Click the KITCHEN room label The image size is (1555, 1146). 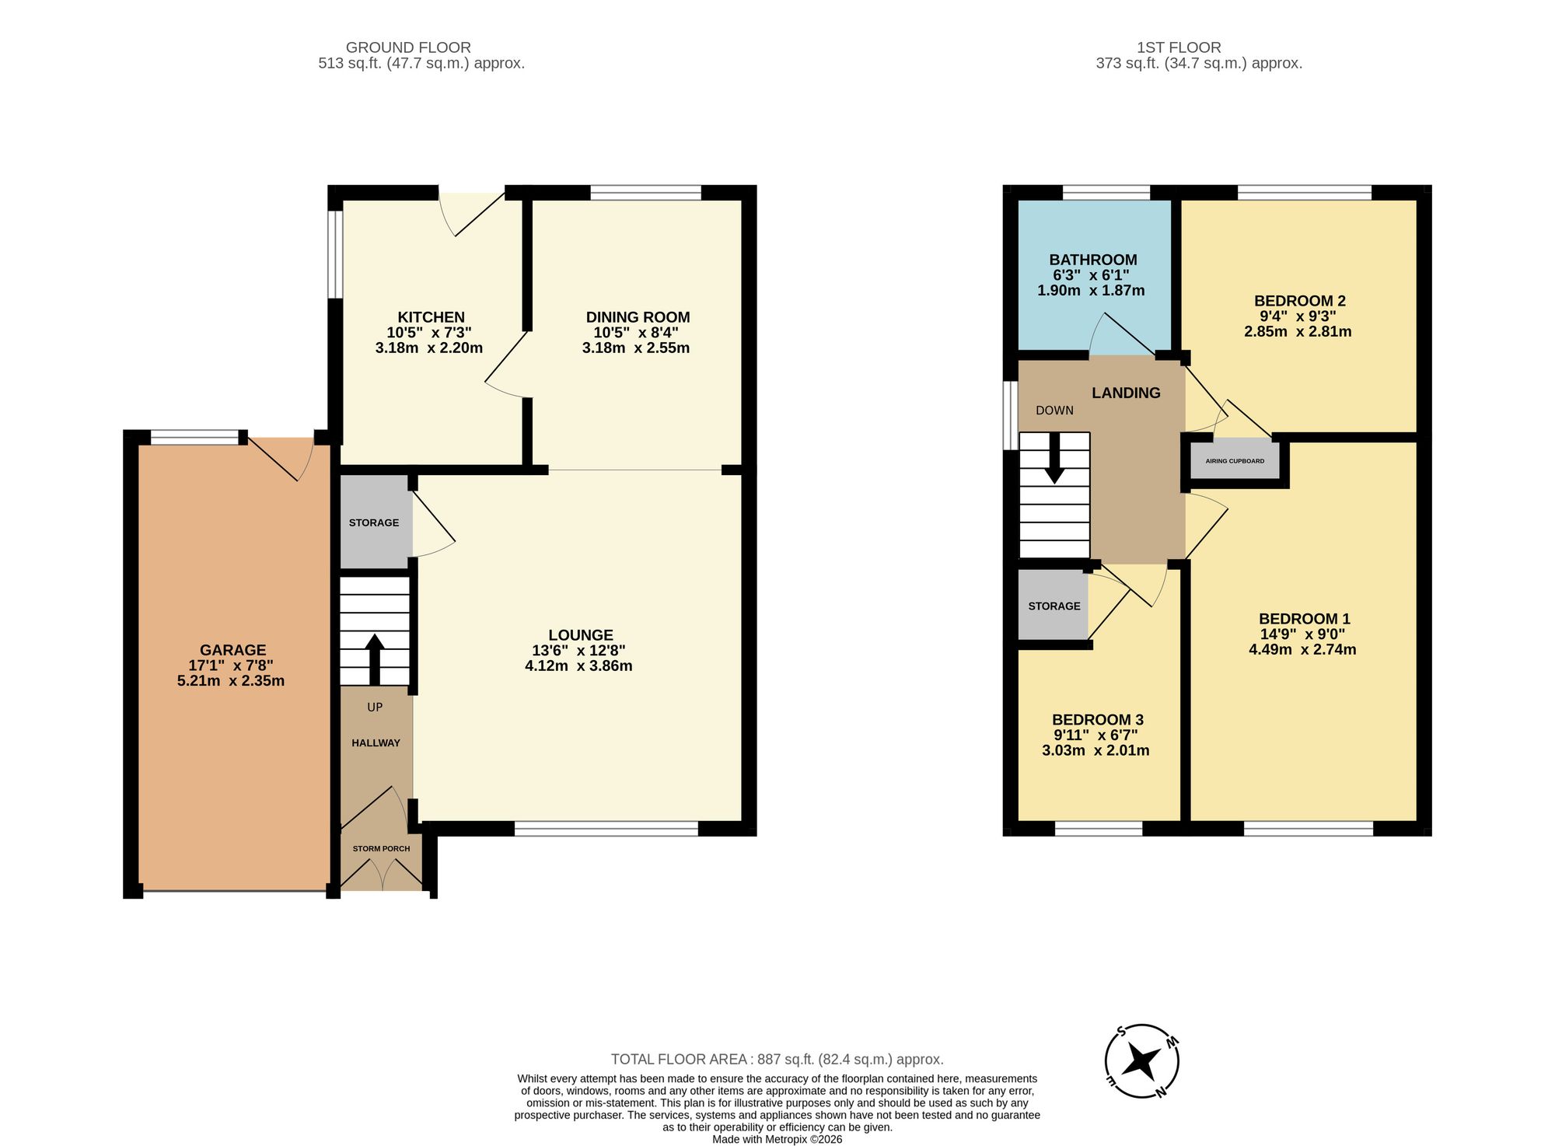point(431,317)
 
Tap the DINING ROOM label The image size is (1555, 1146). point(638,317)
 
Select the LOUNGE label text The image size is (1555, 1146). point(581,635)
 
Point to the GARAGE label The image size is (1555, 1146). point(232,650)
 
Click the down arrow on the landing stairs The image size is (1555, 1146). point(1054,458)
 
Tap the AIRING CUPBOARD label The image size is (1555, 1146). point(1235,461)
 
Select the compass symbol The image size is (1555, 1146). point(1142,1060)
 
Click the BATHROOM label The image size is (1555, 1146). point(1092,260)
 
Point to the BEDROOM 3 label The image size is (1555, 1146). point(1097,720)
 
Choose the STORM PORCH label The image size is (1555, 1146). point(381,848)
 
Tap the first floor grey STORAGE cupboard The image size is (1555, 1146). point(1053,606)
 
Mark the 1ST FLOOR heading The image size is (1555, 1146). point(1179,47)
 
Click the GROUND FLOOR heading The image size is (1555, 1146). point(408,47)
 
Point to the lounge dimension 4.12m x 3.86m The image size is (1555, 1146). point(578,666)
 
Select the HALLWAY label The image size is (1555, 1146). point(376,743)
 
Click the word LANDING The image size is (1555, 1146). point(1126,393)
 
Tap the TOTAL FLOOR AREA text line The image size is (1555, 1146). point(777,1059)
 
